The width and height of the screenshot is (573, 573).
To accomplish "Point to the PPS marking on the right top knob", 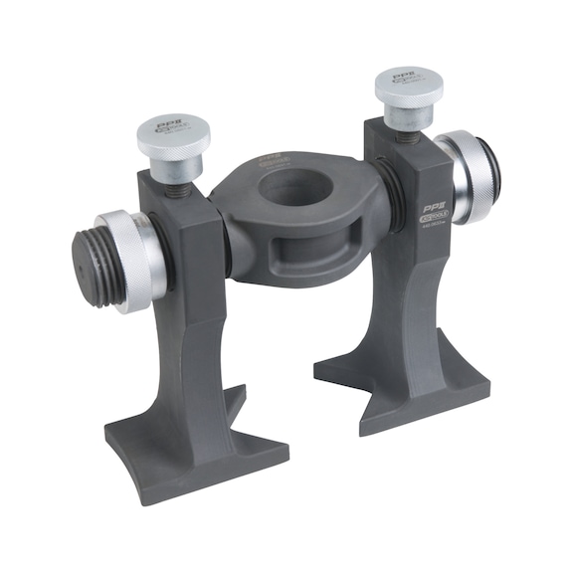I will click(x=404, y=77).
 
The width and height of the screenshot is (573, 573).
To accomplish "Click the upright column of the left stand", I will click(x=195, y=318).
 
